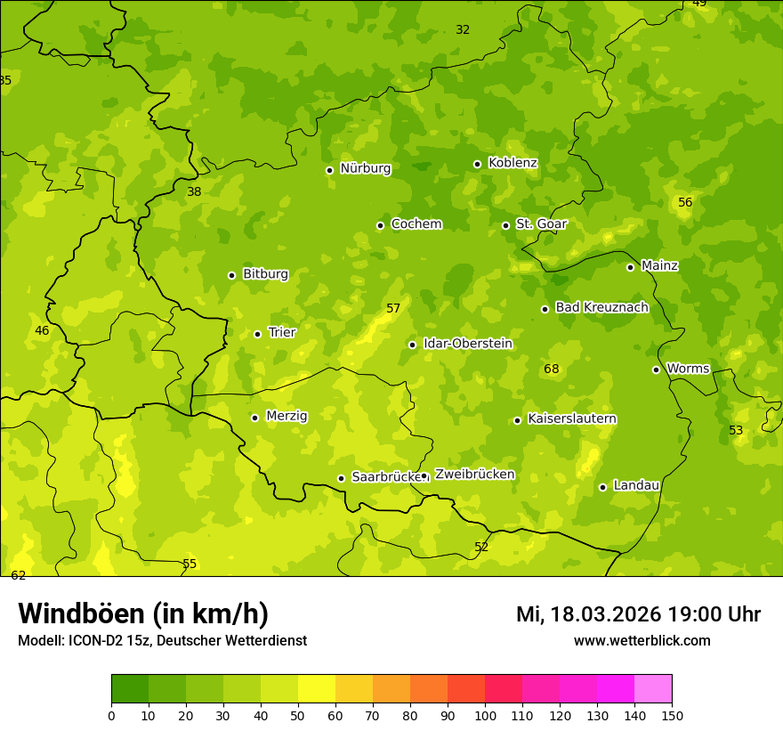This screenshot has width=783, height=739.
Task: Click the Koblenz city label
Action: [513, 163]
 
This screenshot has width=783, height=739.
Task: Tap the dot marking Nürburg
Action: [329, 170]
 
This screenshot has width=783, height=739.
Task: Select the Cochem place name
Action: [416, 224]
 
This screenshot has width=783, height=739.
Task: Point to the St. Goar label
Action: [541, 224]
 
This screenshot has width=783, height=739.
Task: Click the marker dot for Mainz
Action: [630, 267]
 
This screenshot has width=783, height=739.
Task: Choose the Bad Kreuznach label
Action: [601, 308]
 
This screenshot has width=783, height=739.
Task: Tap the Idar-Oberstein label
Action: [467, 344]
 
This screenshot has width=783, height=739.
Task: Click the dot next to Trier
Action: [257, 334]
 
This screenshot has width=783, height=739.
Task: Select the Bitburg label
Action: [265, 274]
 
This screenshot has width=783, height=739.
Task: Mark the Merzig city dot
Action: [254, 418]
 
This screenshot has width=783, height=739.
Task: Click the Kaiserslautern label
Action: [571, 419]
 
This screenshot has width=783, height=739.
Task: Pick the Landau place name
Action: [636, 486]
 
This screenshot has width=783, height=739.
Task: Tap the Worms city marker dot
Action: [656, 369]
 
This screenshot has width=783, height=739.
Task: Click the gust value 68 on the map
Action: [552, 369]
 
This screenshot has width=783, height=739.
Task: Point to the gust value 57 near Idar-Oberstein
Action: [393, 309]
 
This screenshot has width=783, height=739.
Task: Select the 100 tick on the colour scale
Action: [485, 714]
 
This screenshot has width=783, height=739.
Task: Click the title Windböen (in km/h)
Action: [143, 613]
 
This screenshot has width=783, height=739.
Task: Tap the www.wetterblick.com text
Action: [642, 640]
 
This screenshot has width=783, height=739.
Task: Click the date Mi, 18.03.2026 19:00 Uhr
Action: [638, 614]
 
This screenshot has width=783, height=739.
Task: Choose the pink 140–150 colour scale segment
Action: [653, 689]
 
